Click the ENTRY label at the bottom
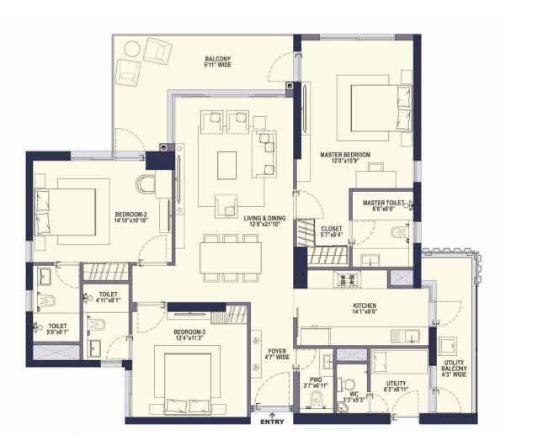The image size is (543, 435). [272, 422]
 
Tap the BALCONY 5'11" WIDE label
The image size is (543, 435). [218, 62]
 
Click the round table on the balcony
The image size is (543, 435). [133, 49]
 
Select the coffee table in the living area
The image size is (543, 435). [226, 166]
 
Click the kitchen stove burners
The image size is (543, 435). [348, 279]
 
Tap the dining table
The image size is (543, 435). [231, 257]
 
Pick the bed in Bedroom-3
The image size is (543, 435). [188, 384]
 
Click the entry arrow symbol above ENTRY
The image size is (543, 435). [273, 415]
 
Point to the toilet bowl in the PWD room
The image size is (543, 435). [317, 398]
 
